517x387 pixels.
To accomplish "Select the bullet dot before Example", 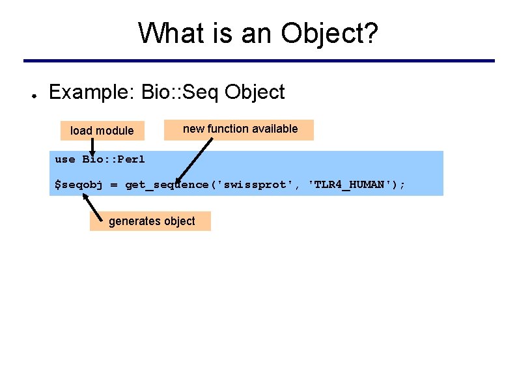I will point(31,93).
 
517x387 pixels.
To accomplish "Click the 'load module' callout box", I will point(102,131).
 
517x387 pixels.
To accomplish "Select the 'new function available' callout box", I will point(240,129).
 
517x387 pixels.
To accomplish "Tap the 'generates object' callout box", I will point(151,221).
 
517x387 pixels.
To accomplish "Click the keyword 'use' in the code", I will point(65,159).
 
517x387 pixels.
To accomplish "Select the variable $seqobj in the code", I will point(78,185).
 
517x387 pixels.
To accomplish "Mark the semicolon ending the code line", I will point(402,185).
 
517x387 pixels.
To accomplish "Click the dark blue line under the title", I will point(258,61).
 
